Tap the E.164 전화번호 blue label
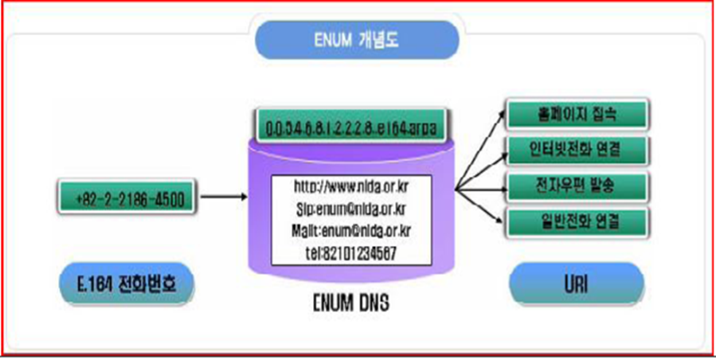pos(127,282)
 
